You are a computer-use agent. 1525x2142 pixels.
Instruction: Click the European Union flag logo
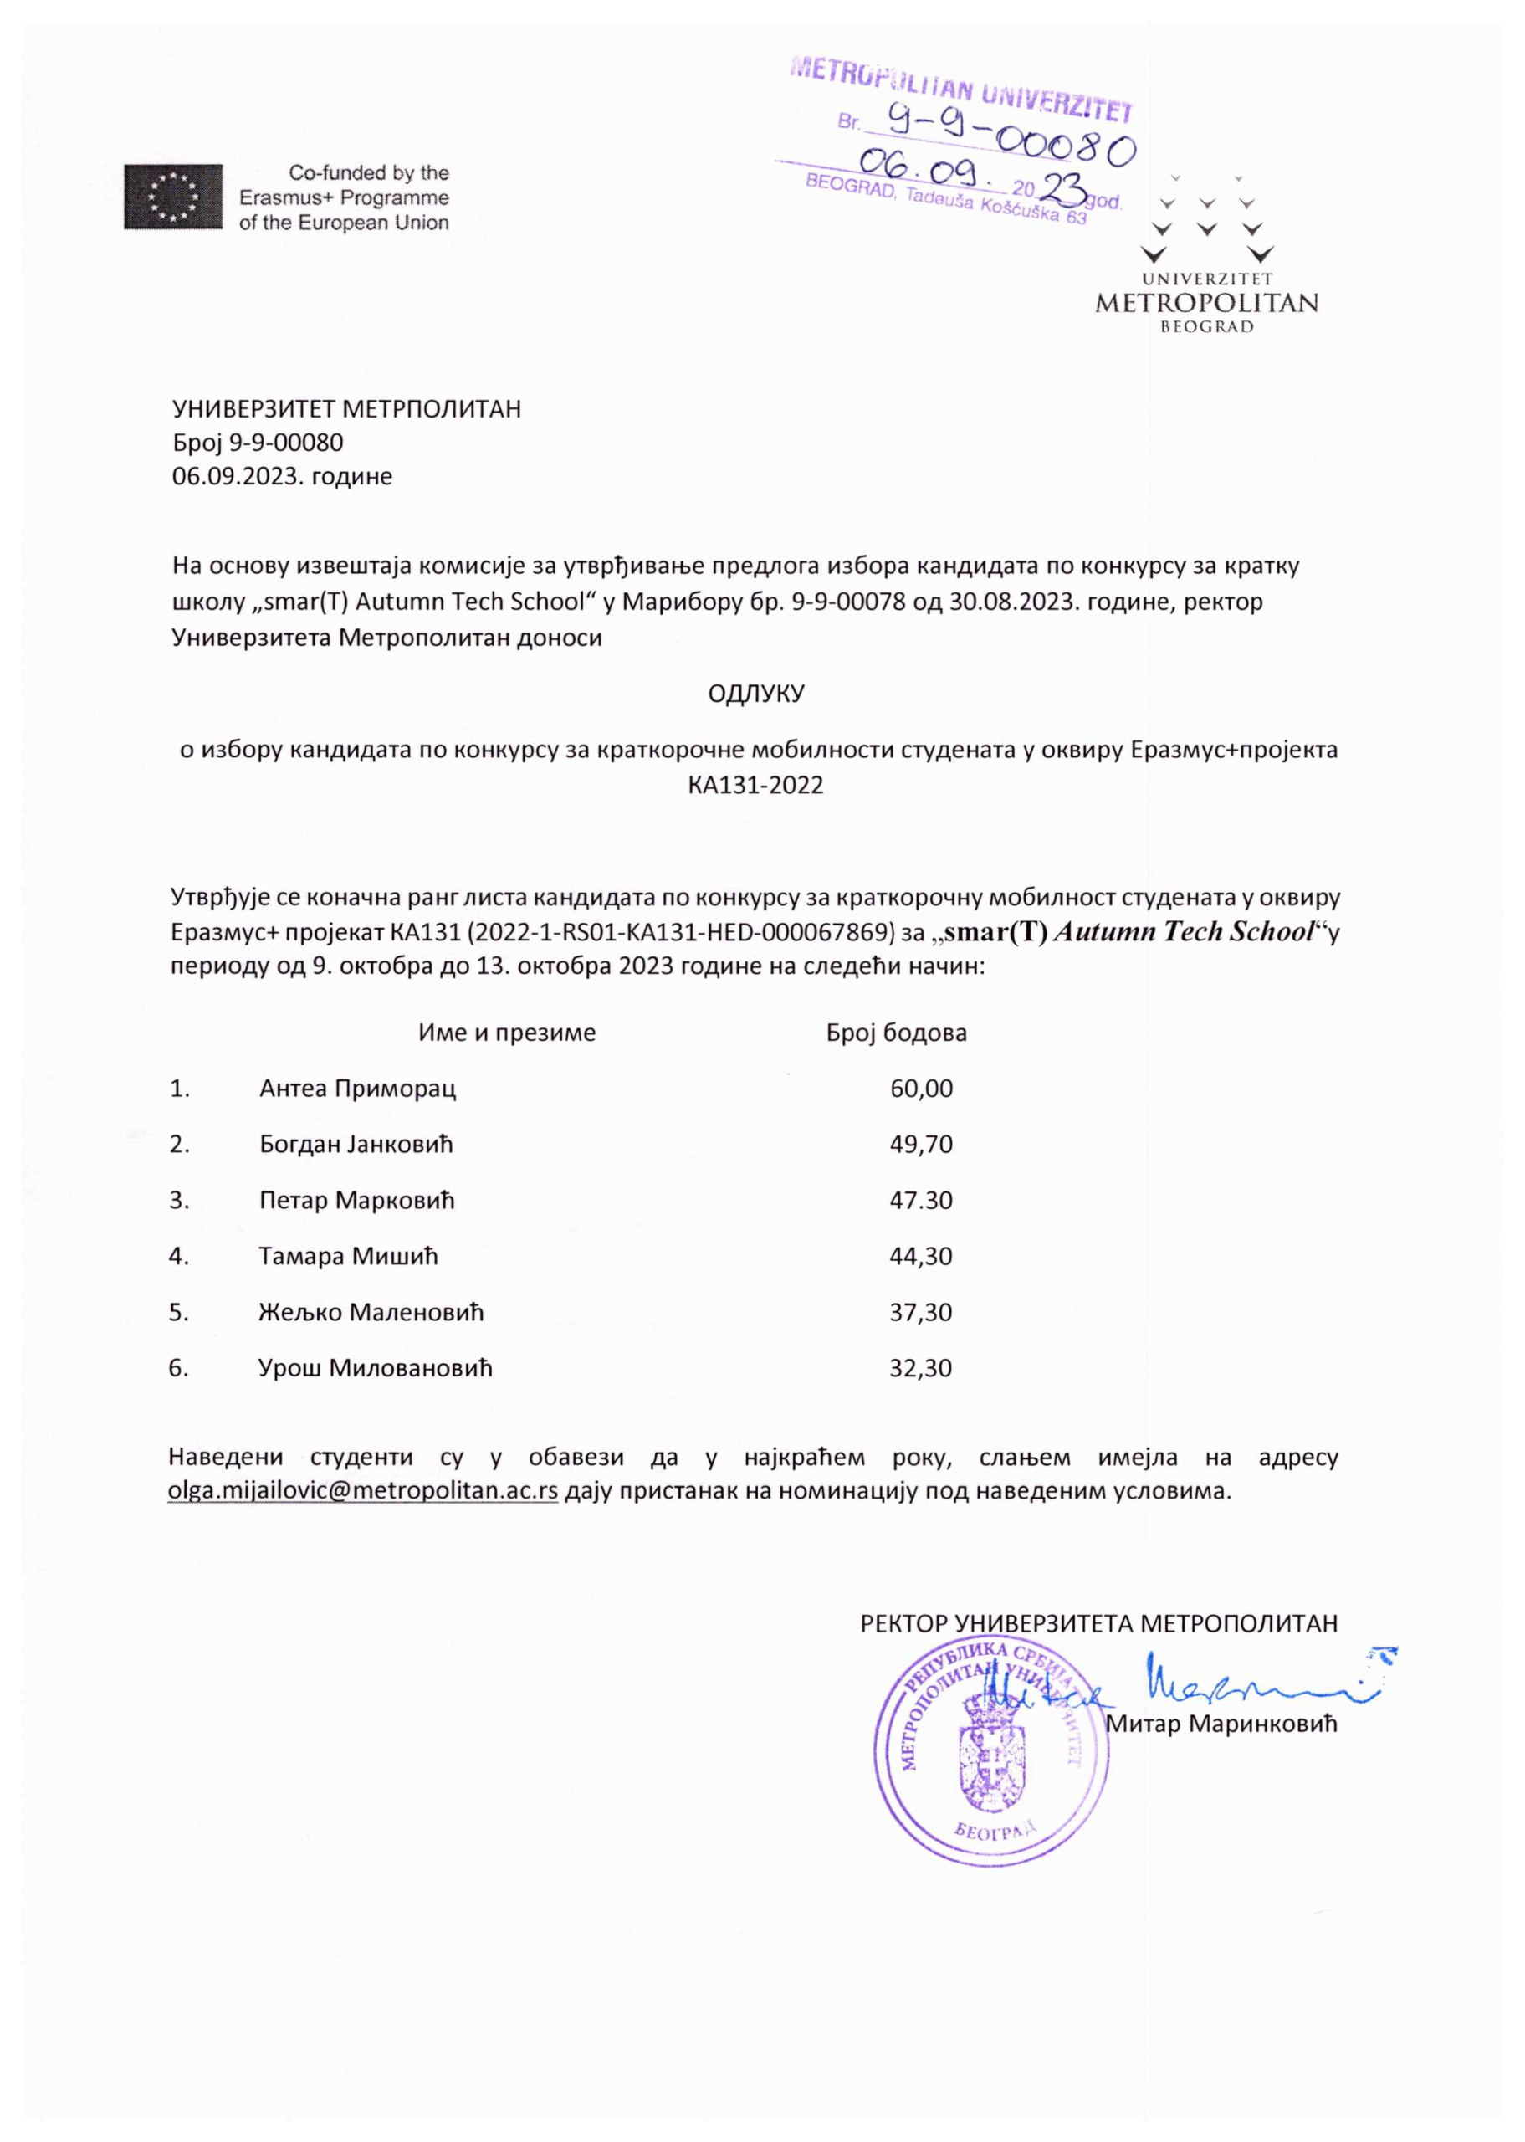click(x=173, y=197)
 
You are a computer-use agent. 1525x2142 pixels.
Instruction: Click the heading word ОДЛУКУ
click(x=756, y=694)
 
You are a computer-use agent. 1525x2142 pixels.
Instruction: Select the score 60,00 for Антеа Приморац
click(x=921, y=1089)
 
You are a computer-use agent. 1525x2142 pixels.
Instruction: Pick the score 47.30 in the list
click(x=921, y=1200)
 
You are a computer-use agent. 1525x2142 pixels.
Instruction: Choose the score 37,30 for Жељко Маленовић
click(x=920, y=1312)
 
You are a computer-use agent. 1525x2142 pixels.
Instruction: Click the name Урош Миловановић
click(x=375, y=1367)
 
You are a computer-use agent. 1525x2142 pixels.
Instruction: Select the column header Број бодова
click(x=896, y=1033)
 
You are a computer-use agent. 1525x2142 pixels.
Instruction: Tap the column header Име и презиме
click(x=506, y=1033)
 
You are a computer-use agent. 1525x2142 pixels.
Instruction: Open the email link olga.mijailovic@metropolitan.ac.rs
click(x=362, y=1490)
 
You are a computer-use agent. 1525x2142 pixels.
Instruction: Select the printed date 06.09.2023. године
click(x=282, y=476)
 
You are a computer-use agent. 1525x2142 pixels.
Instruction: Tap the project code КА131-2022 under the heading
click(x=755, y=785)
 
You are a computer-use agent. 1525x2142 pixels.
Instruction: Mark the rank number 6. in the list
click(x=178, y=1367)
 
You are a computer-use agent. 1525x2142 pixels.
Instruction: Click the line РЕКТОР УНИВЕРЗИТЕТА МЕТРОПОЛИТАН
click(x=1098, y=1623)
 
